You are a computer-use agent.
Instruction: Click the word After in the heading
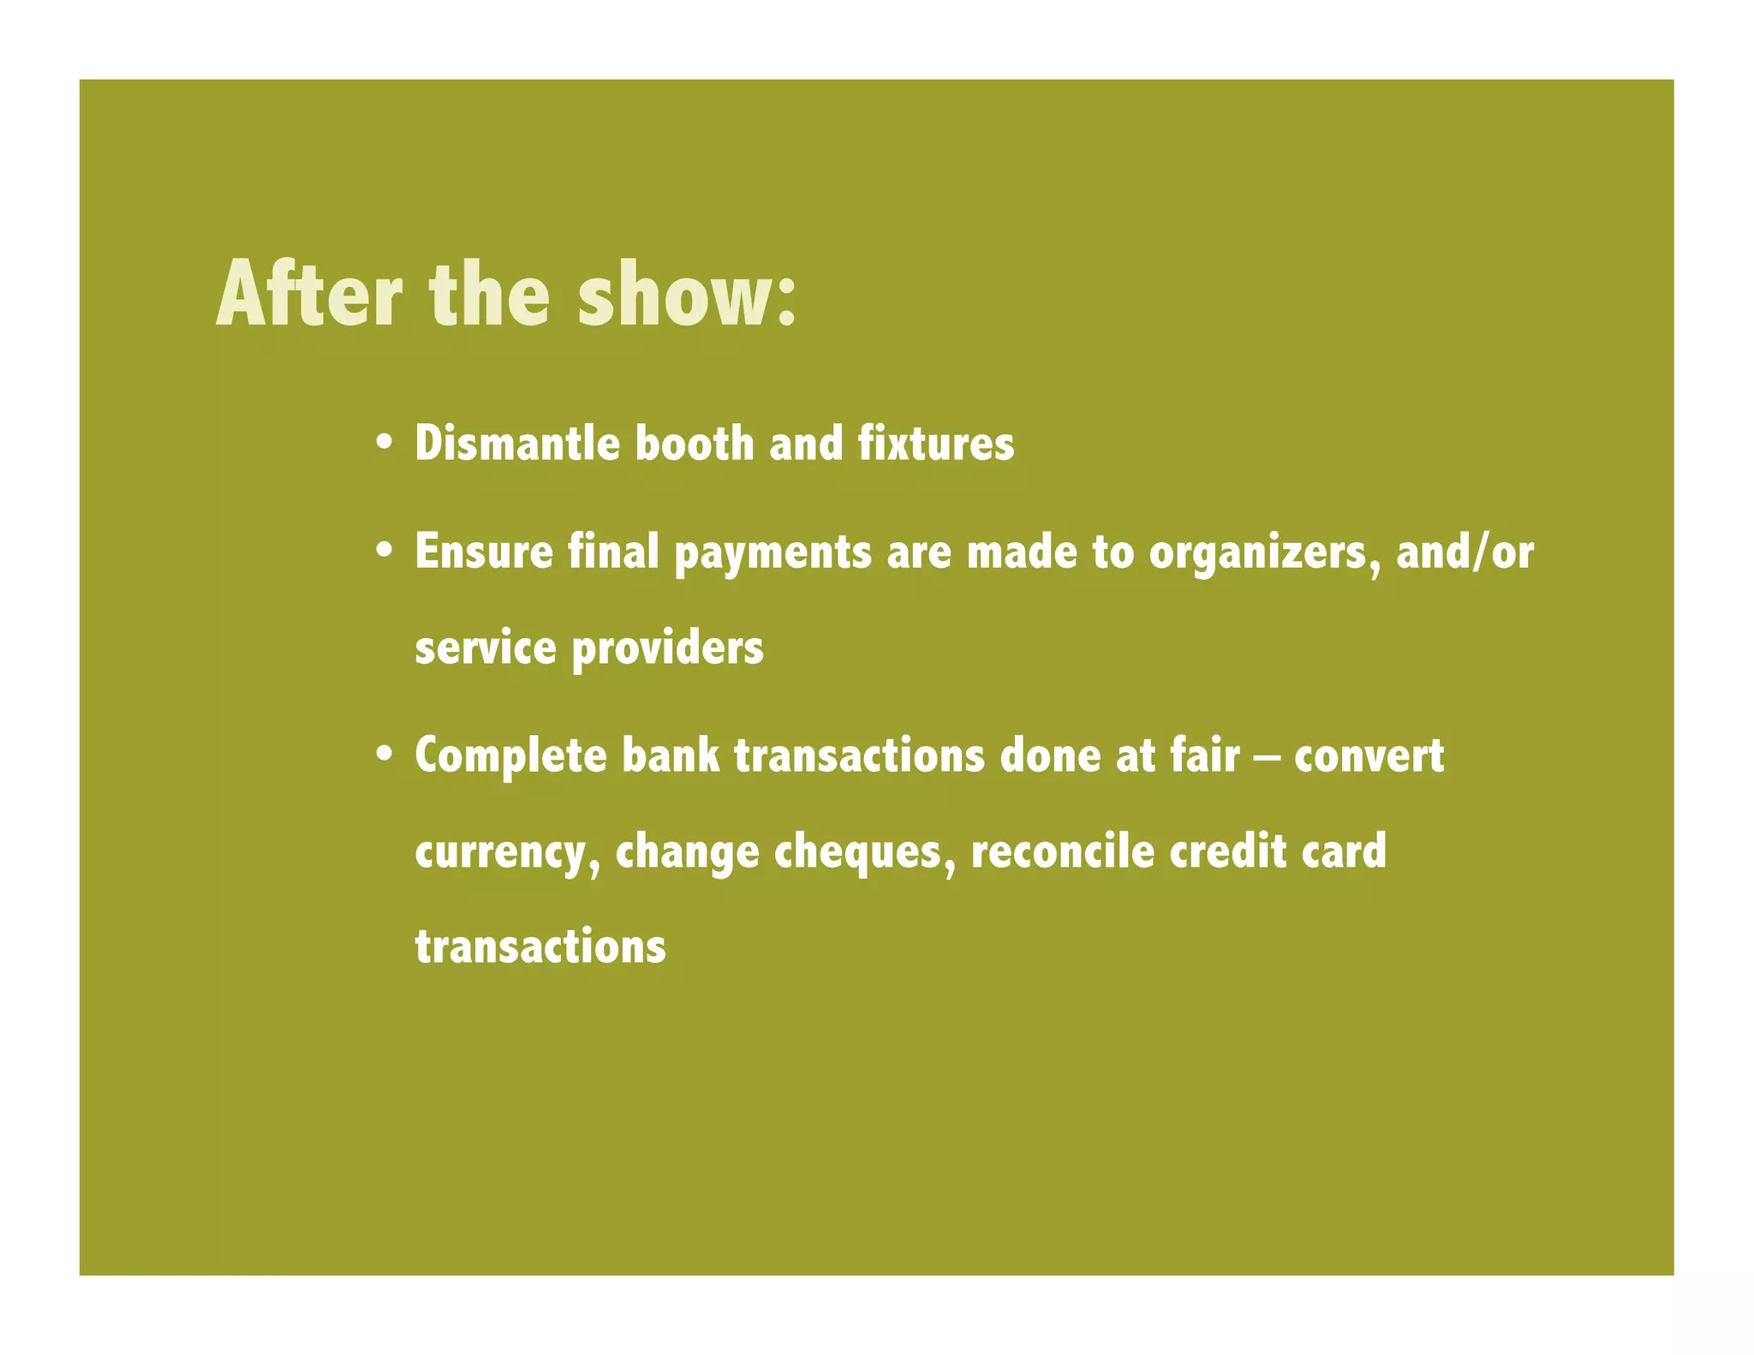click(x=309, y=295)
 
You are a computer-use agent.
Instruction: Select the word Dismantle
click(x=517, y=444)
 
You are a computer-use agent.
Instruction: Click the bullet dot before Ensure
click(x=385, y=552)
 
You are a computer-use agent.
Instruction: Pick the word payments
click(x=773, y=553)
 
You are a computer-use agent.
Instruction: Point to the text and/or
click(x=1465, y=552)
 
